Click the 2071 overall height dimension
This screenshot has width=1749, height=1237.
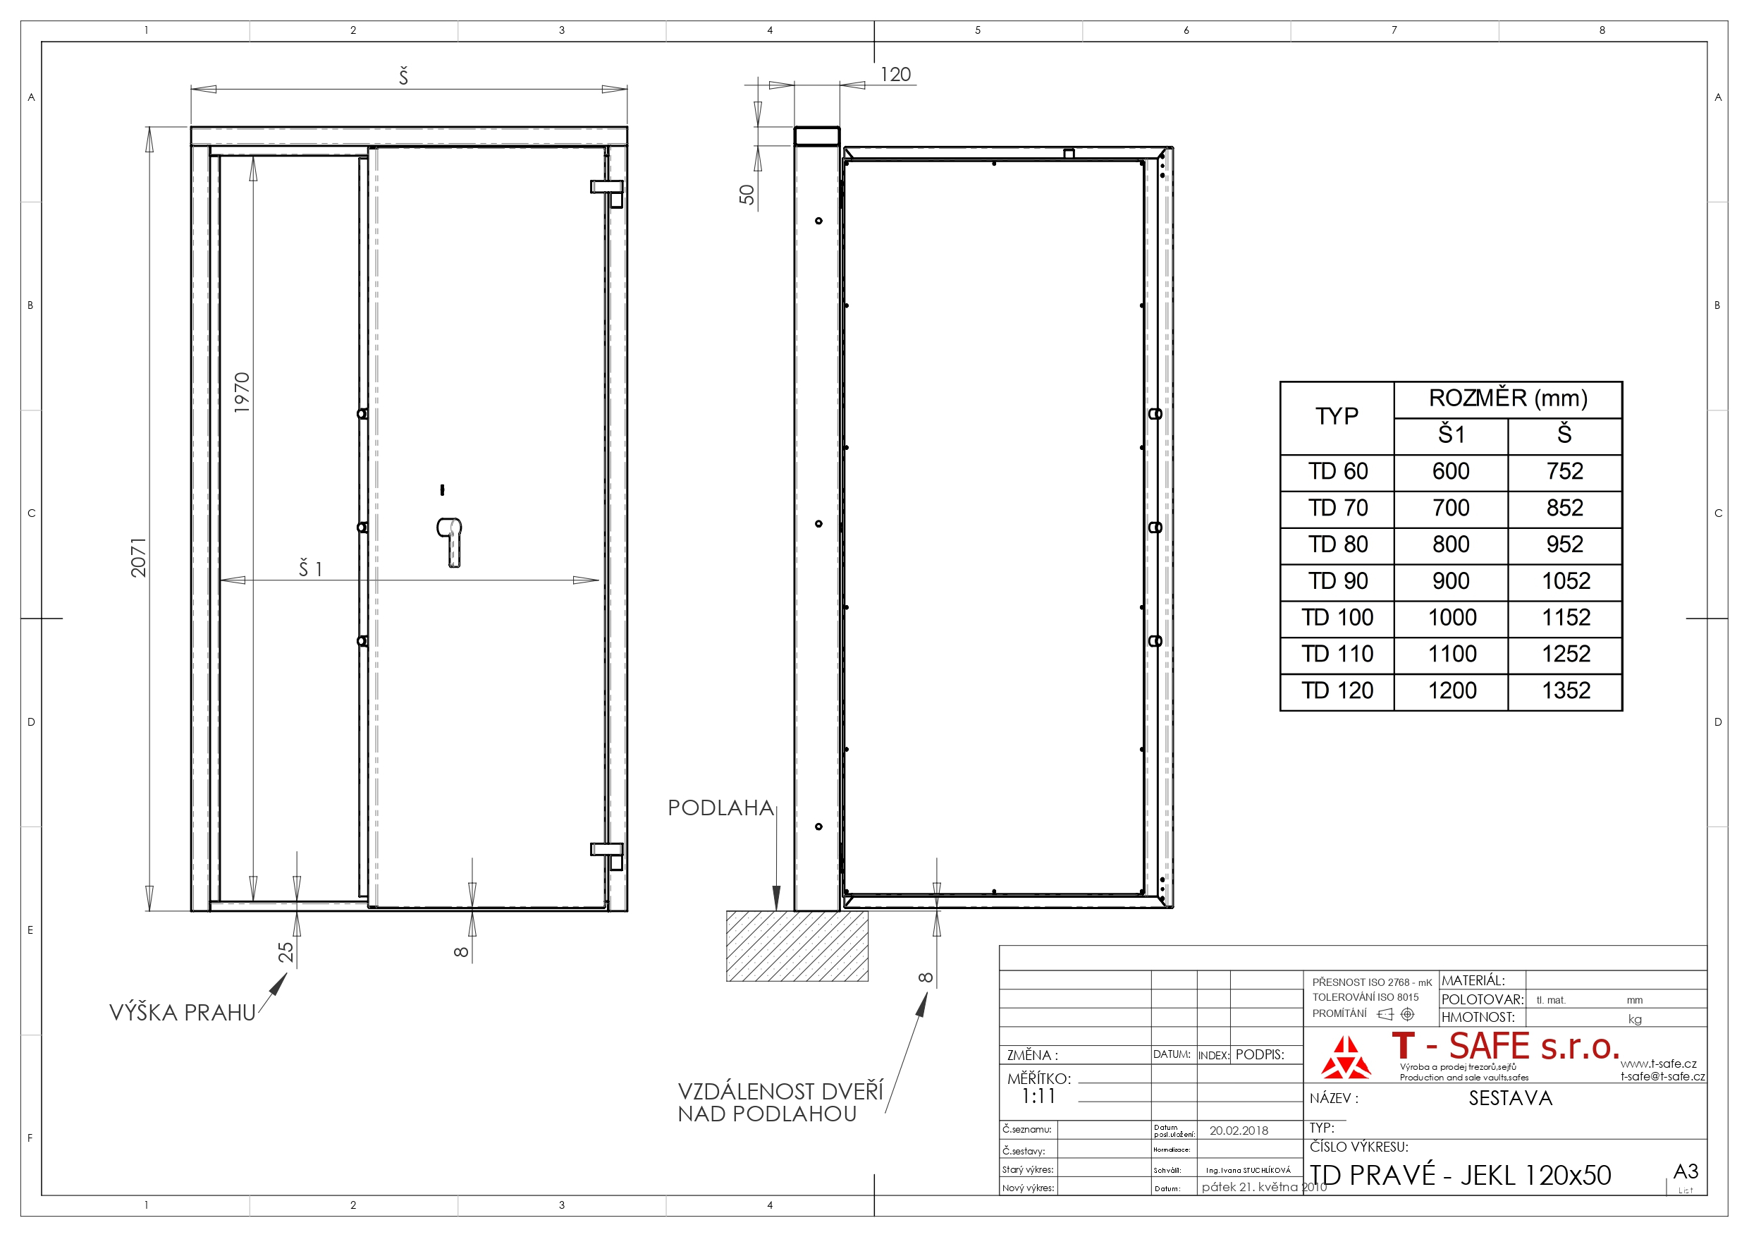coord(139,557)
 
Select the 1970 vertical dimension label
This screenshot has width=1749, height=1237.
coord(243,393)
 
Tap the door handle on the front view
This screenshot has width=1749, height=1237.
coord(450,542)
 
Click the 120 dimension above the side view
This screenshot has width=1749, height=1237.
coord(895,75)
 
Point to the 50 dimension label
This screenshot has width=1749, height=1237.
coord(747,195)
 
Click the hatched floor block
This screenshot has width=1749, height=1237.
coord(797,946)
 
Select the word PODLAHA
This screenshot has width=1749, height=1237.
coord(720,808)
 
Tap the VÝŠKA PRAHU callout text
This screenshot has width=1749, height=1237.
coord(183,1013)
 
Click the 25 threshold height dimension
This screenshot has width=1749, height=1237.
coord(286,952)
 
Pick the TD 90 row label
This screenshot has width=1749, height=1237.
coord(1337,582)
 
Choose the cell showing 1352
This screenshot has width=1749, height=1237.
coord(1566,690)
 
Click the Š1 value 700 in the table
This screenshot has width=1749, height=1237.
coord(1451,508)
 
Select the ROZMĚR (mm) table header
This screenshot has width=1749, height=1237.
coord(1509,398)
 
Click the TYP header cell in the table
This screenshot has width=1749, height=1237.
coord(1337,417)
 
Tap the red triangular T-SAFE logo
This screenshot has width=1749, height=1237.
coord(1345,1058)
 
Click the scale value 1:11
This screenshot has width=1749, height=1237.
coord(1038,1097)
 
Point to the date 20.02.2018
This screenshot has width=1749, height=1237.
coord(1239,1131)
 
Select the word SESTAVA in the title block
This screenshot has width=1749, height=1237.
coord(1511,1098)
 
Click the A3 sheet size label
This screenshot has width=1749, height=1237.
coord(1686,1171)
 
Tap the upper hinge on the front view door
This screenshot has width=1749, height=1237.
coord(608,192)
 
